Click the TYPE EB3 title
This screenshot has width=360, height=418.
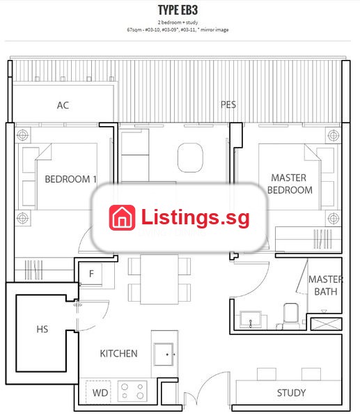178,10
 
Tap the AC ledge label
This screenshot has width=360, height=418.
63,105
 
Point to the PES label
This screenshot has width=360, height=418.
228,104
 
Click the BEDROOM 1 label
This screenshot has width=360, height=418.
70,179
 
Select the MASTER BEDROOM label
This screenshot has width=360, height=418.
290,184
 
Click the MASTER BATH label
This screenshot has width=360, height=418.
326,286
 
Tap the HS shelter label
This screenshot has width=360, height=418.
42,330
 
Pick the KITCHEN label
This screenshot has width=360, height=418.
118,353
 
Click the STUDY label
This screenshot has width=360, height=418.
291,393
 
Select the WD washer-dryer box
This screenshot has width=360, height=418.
98,392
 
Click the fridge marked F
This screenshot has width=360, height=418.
91,274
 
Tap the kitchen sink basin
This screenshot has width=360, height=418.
164,355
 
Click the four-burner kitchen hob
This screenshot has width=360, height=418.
132,391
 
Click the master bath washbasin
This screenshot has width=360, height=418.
250,319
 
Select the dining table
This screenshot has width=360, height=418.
159,279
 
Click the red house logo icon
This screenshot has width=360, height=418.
122,217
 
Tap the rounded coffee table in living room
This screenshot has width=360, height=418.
190,157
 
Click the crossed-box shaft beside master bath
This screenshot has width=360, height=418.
326,324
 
